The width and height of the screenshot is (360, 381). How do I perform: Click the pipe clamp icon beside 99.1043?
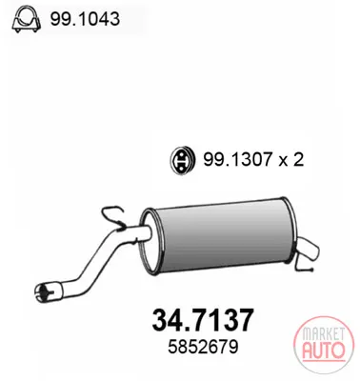tap(26, 19)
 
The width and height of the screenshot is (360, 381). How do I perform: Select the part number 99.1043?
tap(85, 19)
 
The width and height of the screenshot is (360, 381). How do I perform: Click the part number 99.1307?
tap(238, 160)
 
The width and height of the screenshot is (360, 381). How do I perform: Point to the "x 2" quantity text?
tap(291, 160)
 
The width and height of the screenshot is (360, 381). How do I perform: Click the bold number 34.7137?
tap(203, 320)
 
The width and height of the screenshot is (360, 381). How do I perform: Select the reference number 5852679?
tap(203, 347)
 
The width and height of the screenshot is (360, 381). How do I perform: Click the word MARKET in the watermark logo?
tap(323, 334)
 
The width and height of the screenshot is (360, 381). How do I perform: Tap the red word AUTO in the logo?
tap(323, 350)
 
